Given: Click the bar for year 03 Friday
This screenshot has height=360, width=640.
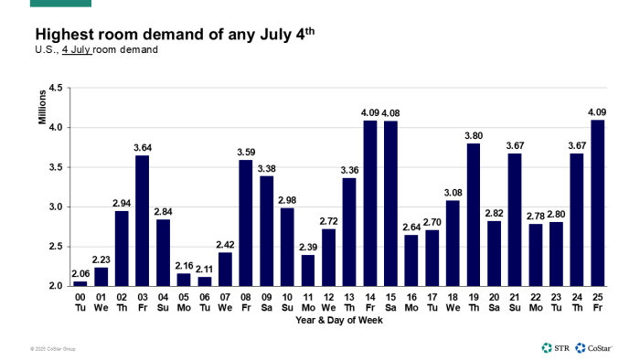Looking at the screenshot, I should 143,220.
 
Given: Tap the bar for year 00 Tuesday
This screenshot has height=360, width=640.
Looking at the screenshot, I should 80,283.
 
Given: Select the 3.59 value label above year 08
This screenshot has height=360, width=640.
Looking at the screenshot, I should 246,153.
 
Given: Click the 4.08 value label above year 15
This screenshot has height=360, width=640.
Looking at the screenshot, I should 391,113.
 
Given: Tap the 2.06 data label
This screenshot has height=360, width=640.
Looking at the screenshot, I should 80,273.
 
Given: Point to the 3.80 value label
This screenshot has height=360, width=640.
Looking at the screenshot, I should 474,136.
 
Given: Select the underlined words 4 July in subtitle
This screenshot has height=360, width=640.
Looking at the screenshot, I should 79,49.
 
